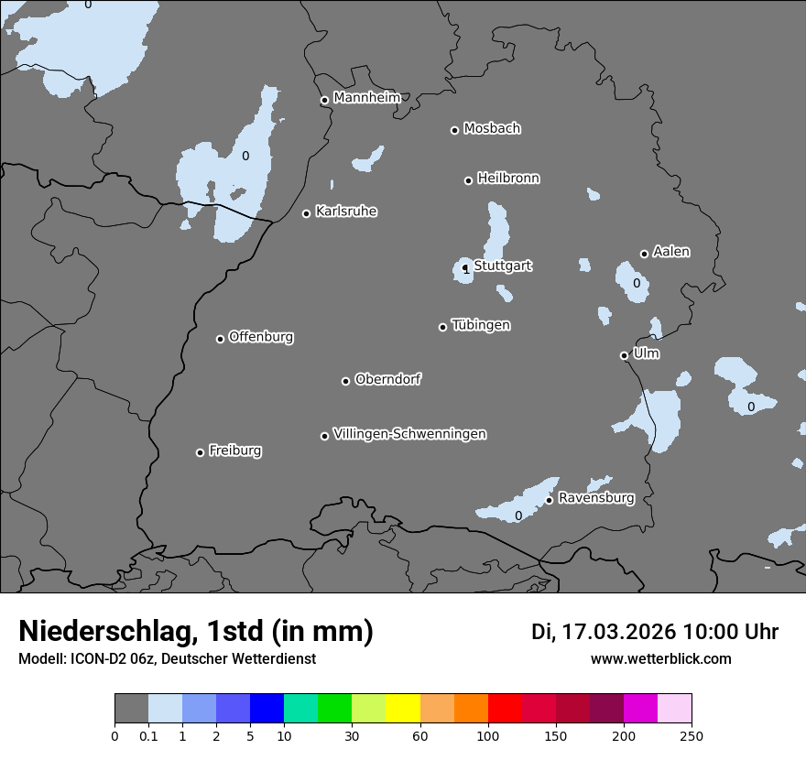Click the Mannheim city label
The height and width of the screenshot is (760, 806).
pos(366,97)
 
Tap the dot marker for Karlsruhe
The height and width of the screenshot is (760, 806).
pos(307,213)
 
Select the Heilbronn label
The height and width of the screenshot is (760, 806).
pos(508,178)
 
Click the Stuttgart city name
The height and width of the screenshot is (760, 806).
pos(503,266)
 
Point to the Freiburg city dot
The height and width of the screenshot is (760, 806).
pos(200,452)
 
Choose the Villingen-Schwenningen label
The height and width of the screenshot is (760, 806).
pos(409,433)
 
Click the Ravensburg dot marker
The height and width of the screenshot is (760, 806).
pos(549,500)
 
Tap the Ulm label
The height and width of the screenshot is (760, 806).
pos(646,353)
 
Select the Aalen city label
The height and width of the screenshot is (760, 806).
pos(671,251)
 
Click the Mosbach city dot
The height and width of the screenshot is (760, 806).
pos(454,130)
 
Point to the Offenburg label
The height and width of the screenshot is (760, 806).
pos(261,336)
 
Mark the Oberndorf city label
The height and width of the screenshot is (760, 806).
pos(387,378)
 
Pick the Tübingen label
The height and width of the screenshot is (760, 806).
pos(481,324)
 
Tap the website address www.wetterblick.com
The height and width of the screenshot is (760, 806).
pos(660,658)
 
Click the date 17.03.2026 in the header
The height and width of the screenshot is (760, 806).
pos(618,632)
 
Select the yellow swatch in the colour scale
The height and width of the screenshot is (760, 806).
pos(403,709)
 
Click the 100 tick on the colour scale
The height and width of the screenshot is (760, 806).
pos(488,735)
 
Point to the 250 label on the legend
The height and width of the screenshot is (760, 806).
pos(692,735)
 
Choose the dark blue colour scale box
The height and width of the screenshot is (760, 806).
pos(267,709)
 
